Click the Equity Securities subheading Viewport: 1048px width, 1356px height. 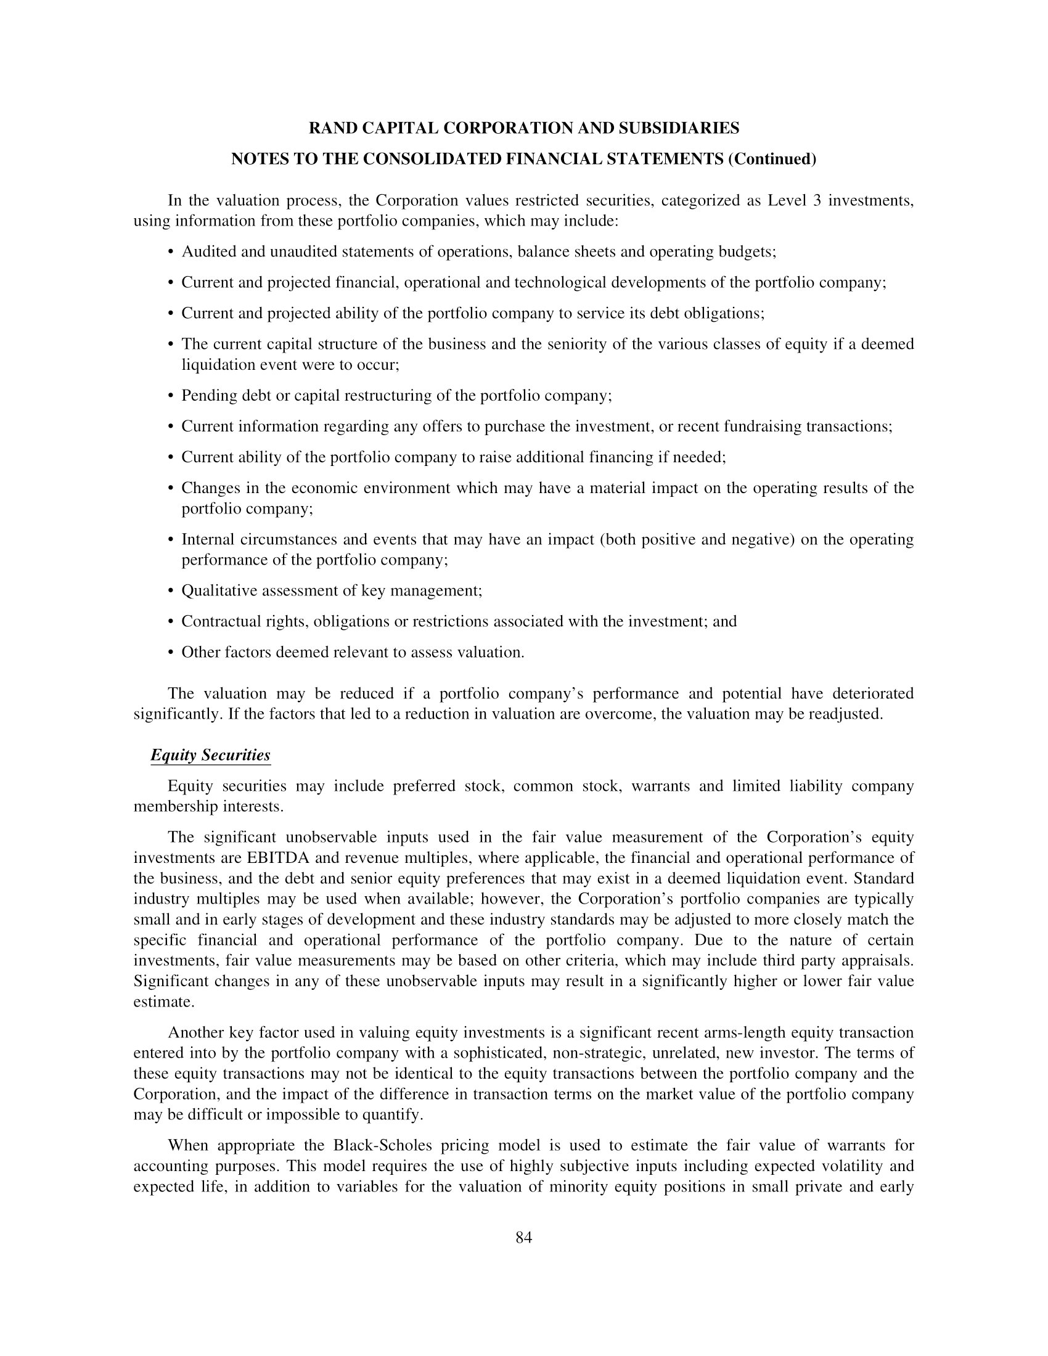point(210,755)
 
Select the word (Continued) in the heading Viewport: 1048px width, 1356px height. point(772,160)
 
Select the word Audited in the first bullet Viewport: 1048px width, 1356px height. point(208,251)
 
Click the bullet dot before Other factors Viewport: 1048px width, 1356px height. point(170,653)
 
